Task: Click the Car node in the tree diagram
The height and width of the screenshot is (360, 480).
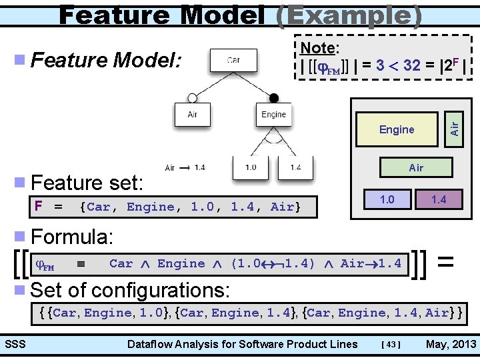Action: coord(233,59)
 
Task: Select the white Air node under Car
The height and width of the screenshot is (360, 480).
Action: coord(193,114)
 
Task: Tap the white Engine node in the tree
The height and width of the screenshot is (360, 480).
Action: coord(273,114)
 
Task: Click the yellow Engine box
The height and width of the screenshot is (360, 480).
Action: coord(397,129)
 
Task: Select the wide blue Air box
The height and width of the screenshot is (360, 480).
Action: coord(416,167)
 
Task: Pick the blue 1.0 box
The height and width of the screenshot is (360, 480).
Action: coord(387,199)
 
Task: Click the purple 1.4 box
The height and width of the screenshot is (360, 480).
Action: coord(438,199)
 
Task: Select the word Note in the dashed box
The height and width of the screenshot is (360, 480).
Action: coord(317,47)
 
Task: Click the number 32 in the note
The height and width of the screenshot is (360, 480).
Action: coord(411,65)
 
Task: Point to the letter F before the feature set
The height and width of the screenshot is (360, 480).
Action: coord(39,207)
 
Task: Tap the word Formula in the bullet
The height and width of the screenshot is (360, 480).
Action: coord(72,237)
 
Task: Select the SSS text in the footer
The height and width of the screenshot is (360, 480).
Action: coord(15,344)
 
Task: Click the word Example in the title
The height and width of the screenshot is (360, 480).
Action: coord(347,15)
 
